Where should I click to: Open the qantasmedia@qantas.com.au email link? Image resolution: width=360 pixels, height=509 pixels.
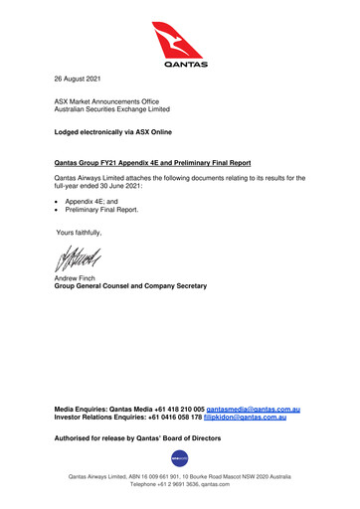tap(253, 410)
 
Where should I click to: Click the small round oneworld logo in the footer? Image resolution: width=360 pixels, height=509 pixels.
tap(180, 458)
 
